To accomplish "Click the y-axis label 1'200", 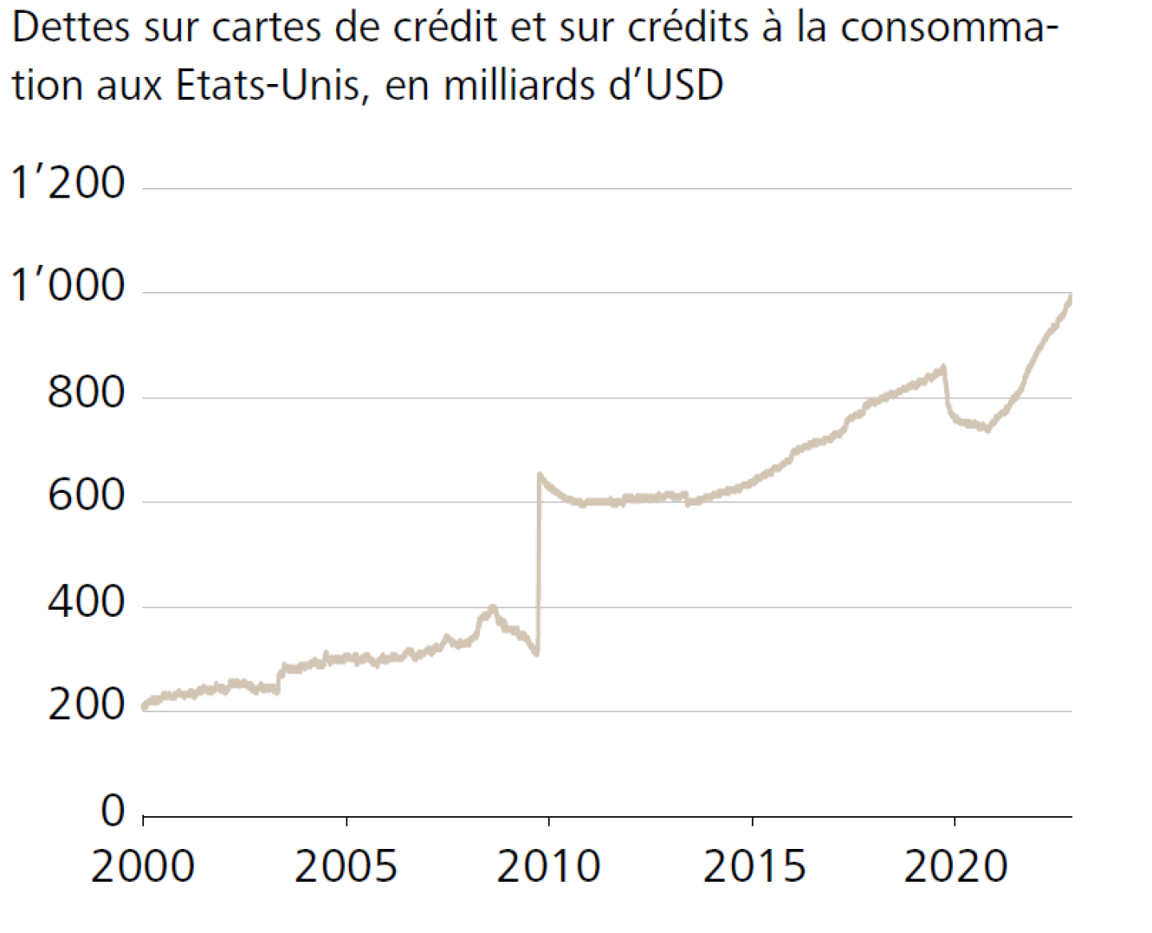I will coord(68,183).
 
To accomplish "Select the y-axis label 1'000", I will coord(68,286).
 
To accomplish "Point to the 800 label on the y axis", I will coord(86,392).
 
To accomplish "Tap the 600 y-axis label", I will coord(86,496).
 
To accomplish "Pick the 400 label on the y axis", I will coord(86,601).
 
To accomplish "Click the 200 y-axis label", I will coord(86,705).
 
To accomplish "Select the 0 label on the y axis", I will coord(114,811).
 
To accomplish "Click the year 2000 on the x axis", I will coord(142,867).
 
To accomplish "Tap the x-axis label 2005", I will coord(346,867).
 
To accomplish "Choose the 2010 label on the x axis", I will coord(549,867).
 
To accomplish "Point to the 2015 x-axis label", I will coord(754,867).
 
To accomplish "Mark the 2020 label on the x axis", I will coord(956,867).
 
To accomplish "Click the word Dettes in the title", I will coord(70,28).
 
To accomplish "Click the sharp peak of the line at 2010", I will coord(540,475).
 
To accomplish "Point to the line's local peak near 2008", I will coord(492,608).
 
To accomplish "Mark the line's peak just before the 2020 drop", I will coord(943,367).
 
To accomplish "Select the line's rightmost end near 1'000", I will coord(1070,298).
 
